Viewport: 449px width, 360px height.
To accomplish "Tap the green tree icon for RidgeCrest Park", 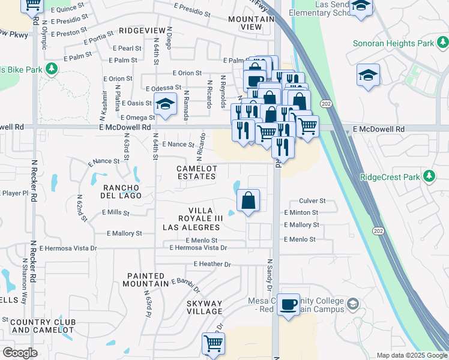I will [429, 176].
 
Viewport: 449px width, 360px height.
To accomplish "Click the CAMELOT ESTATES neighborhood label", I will [196, 173].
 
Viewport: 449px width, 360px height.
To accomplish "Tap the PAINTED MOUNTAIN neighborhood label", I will [147, 280].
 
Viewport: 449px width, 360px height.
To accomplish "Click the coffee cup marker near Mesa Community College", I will [289, 305].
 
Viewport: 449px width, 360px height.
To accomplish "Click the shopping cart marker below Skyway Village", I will [214, 343].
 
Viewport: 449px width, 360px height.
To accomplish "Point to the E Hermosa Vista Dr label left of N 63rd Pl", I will [68, 248].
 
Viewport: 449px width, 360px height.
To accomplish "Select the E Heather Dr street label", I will [212, 264].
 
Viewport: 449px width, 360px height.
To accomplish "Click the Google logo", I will [20, 353].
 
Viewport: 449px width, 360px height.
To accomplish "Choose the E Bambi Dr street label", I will [185, 281].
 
